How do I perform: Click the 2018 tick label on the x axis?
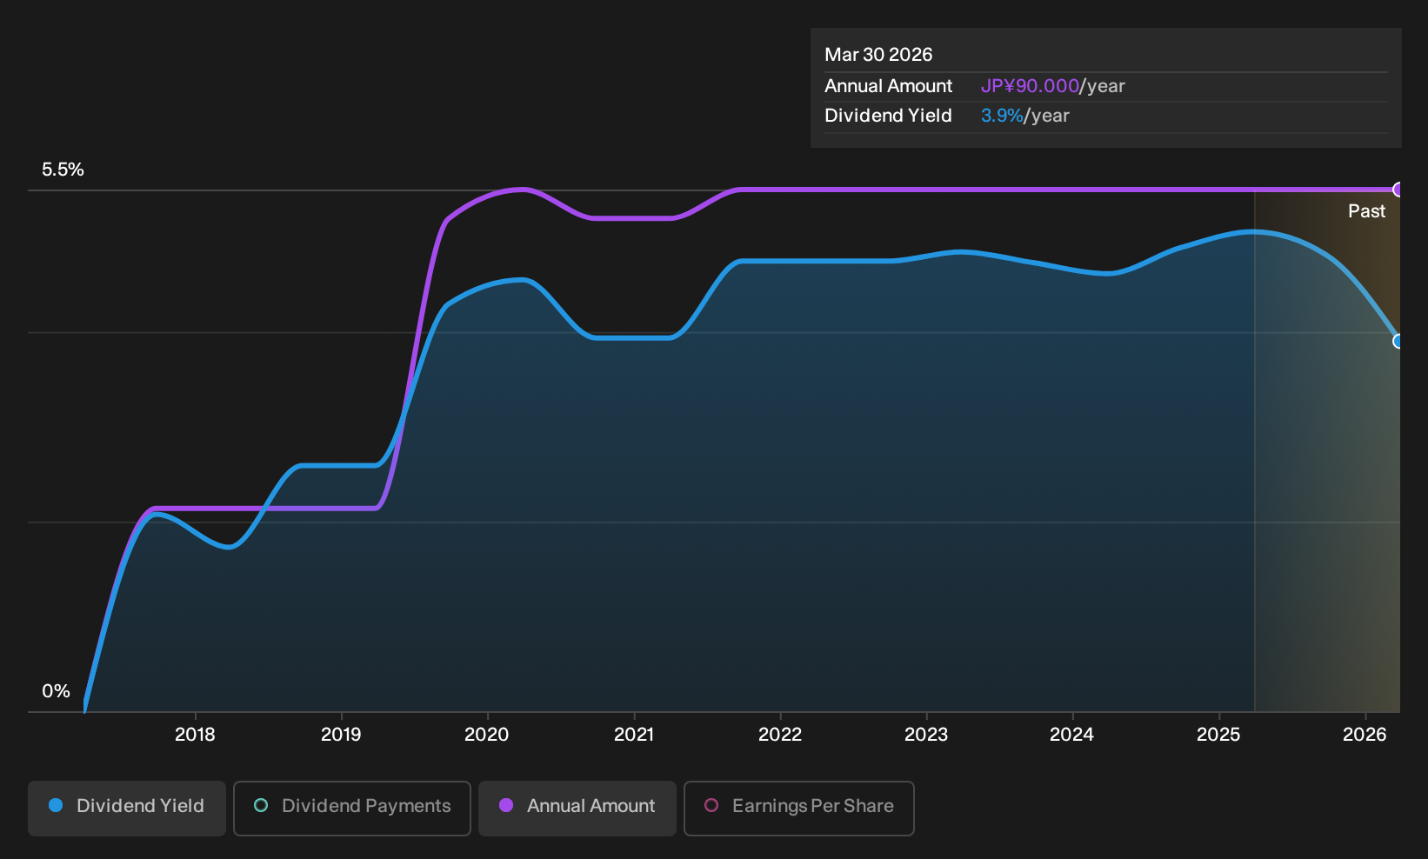[x=195, y=735]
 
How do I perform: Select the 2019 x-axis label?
[x=341, y=735]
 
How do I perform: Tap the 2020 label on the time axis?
[x=487, y=735]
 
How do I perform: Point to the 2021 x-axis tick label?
[x=634, y=735]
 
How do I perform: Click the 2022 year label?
[x=780, y=735]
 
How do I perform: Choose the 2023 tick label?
[x=926, y=735]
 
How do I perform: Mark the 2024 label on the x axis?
[x=1072, y=735]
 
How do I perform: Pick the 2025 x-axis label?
[x=1219, y=735]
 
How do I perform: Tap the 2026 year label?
[x=1365, y=735]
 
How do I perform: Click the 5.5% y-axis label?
[x=63, y=170]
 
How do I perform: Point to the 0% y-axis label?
[x=56, y=691]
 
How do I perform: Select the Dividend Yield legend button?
[x=127, y=808]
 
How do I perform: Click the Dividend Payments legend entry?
[x=352, y=808]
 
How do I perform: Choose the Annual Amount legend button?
[x=577, y=808]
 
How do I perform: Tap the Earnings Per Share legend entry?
[x=798, y=808]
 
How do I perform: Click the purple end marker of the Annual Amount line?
[x=1398, y=190]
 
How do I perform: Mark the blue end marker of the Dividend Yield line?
[x=1398, y=342]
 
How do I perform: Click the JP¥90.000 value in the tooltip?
[x=1030, y=86]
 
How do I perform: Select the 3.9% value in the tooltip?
[x=1002, y=116]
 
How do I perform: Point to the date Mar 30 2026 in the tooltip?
[x=878, y=55]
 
